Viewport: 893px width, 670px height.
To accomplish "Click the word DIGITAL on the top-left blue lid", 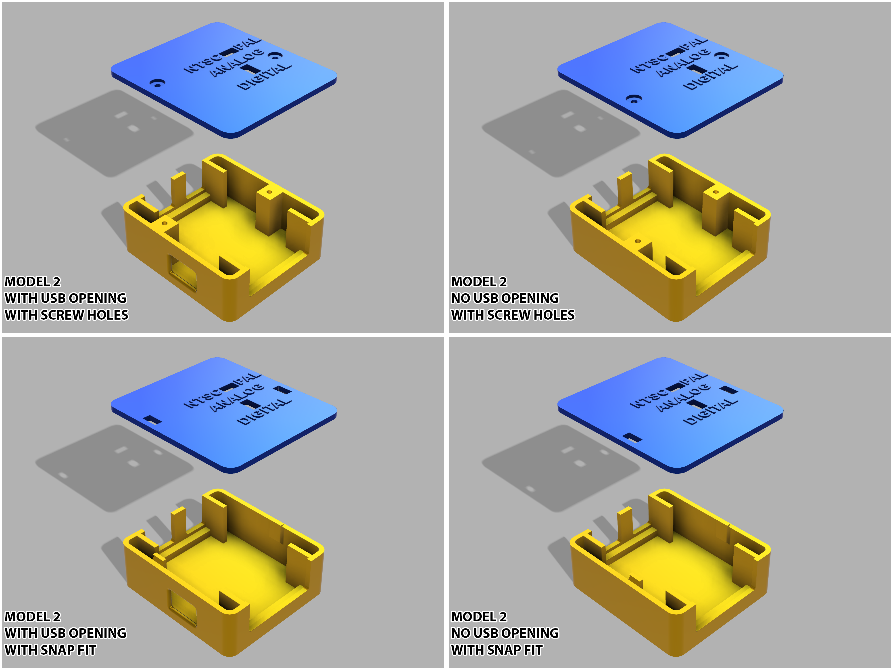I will [264, 77].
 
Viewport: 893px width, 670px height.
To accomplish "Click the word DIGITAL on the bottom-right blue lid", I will [711, 412].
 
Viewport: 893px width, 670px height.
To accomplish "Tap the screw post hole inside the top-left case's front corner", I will [164, 222].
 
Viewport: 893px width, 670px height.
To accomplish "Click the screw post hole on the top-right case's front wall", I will [637, 241].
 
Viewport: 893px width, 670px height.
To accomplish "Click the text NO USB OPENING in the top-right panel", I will [505, 298].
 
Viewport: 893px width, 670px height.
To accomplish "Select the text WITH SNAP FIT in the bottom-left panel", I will [50, 650].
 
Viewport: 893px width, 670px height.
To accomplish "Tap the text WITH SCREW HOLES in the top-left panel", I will [67, 315].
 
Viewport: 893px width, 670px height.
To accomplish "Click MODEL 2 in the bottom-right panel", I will [479, 617].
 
